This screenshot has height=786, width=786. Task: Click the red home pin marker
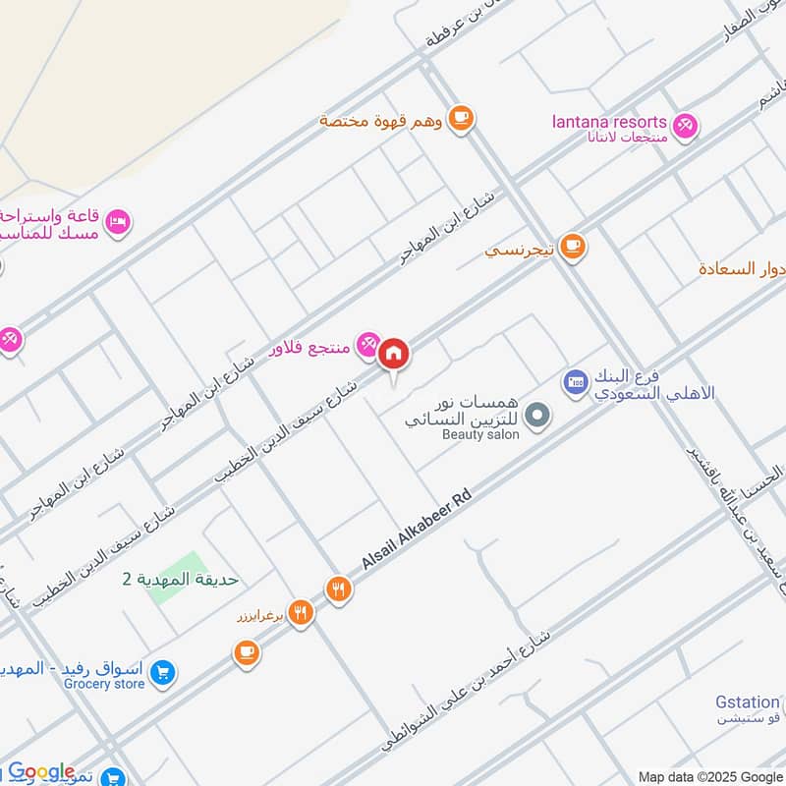point(394,352)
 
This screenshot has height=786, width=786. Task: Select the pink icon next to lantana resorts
point(685,125)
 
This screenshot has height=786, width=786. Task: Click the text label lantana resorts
point(608,122)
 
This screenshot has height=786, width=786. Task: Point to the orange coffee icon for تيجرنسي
point(574,249)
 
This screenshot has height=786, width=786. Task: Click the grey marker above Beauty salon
point(536,417)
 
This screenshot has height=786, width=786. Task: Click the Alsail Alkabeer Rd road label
point(417,531)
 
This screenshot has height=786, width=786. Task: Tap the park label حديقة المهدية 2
point(181,580)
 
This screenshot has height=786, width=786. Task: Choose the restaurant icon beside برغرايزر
point(302,612)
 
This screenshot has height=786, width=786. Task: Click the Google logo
point(41,771)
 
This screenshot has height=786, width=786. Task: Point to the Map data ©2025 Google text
point(708,775)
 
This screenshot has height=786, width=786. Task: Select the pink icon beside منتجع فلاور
point(367,341)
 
